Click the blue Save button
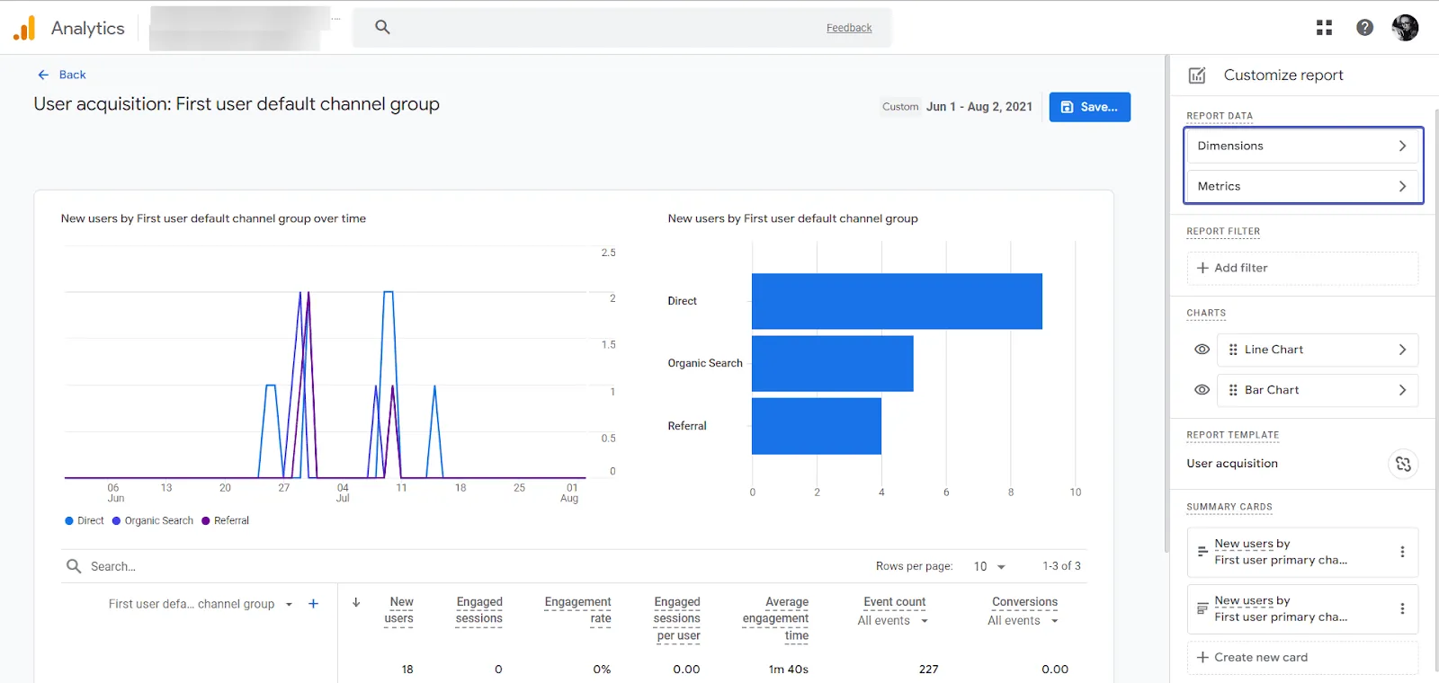pyautogui.click(x=1089, y=107)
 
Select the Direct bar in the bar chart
pyautogui.click(x=897, y=301)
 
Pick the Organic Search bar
pyautogui.click(x=832, y=363)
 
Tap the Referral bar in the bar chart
pyautogui.click(x=816, y=426)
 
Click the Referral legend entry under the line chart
pyautogui.click(x=226, y=520)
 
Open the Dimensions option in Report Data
pyautogui.click(x=1301, y=146)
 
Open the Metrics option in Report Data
pyautogui.click(x=1301, y=186)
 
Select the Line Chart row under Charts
pyautogui.click(x=1317, y=350)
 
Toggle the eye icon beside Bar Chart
pyautogui.click(x=1202, y=390)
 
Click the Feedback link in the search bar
pyautogui.click(x=849, y=28)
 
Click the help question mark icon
pyautogui.click(x=1364, y=28)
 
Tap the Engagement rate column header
pyautogui.click(x=577, y=610)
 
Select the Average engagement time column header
pyautogui.click(x=776, y=618)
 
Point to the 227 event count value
pyautogui.click(x=928, y=670)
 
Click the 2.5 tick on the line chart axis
pyautogui.click(x=609, y=253)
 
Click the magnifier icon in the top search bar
pyautogui.click(x=382, y=27)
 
